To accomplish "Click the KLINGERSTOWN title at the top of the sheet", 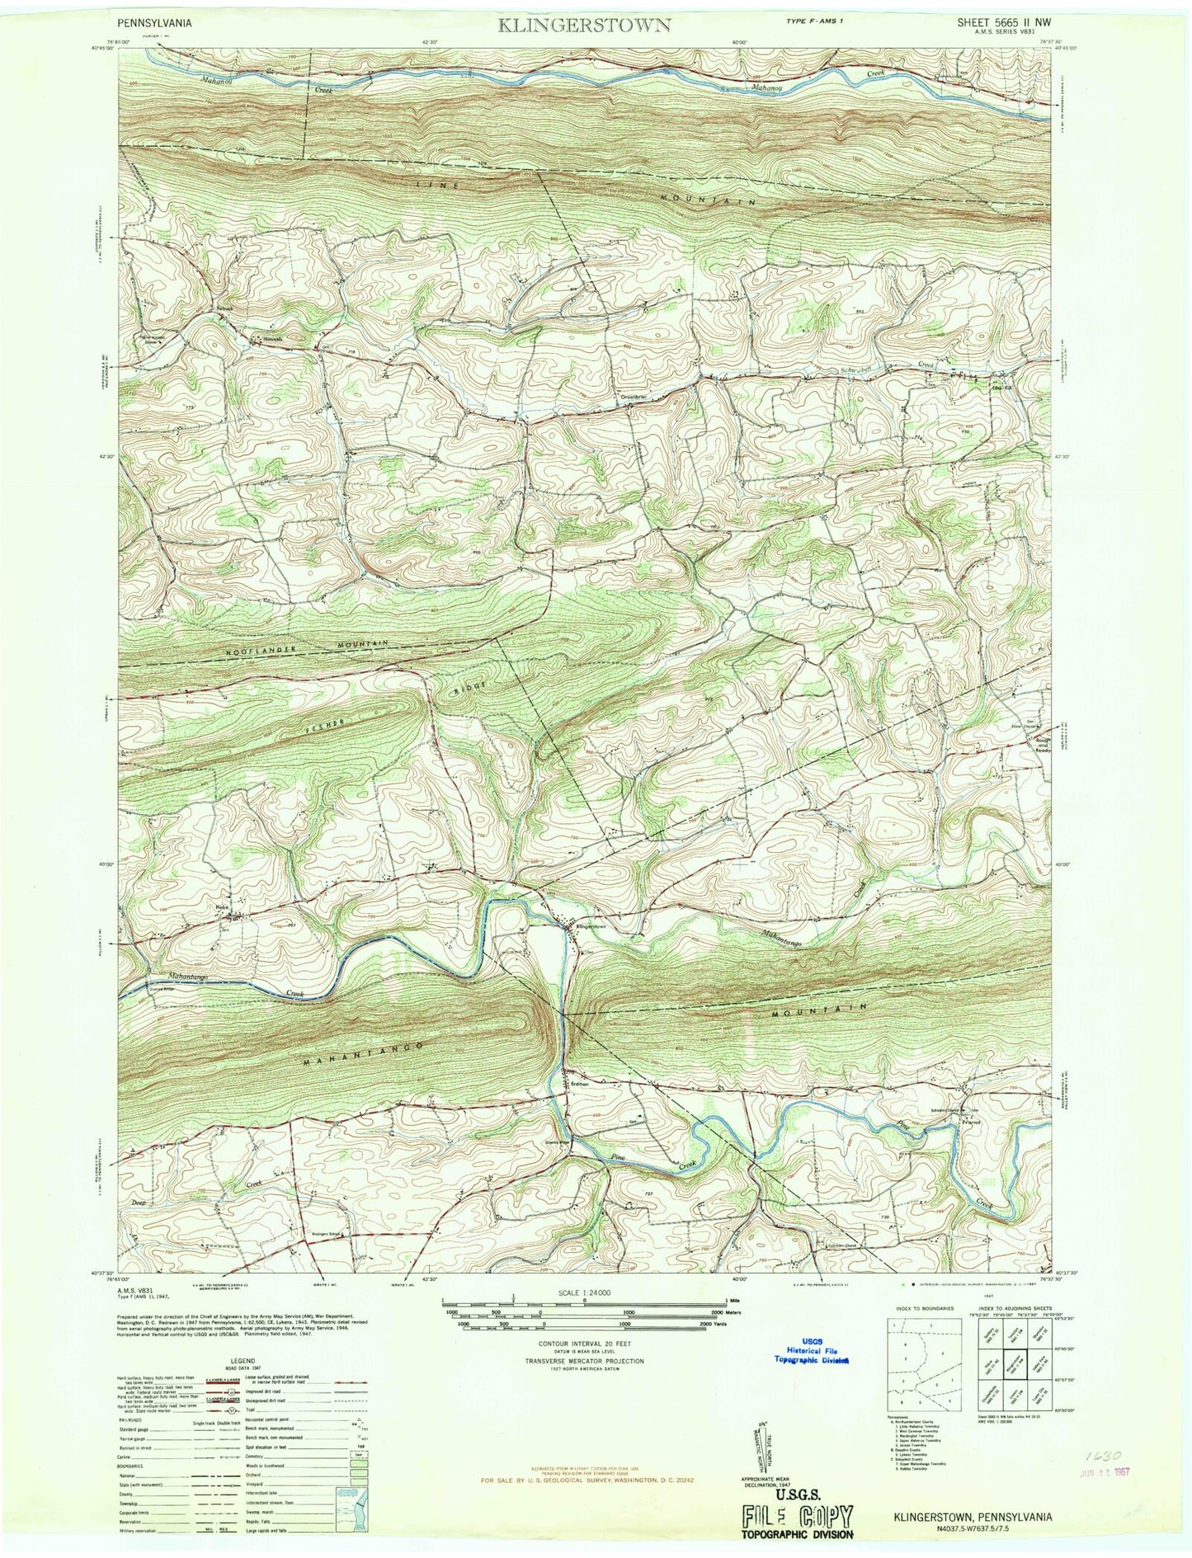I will click(x=583, y=25).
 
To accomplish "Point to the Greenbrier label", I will click(x=635, y=397).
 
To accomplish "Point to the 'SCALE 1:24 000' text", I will click(x=583, y=1293).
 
